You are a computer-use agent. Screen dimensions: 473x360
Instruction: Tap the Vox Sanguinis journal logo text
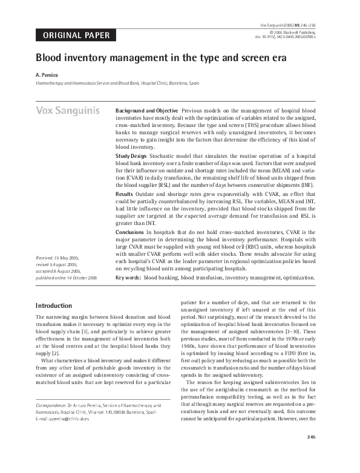pos(67,111)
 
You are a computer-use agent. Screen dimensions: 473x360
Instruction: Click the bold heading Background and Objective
pos(146,111)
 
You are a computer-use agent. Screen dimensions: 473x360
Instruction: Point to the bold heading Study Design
pos(131,155)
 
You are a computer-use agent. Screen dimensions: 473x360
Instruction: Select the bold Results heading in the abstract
pos(125,194)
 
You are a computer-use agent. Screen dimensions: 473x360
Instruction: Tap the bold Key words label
pos(128,278)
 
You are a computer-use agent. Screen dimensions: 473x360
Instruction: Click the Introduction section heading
pos(54,305)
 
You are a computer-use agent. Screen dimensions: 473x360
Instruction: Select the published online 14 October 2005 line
pos(67,277)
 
